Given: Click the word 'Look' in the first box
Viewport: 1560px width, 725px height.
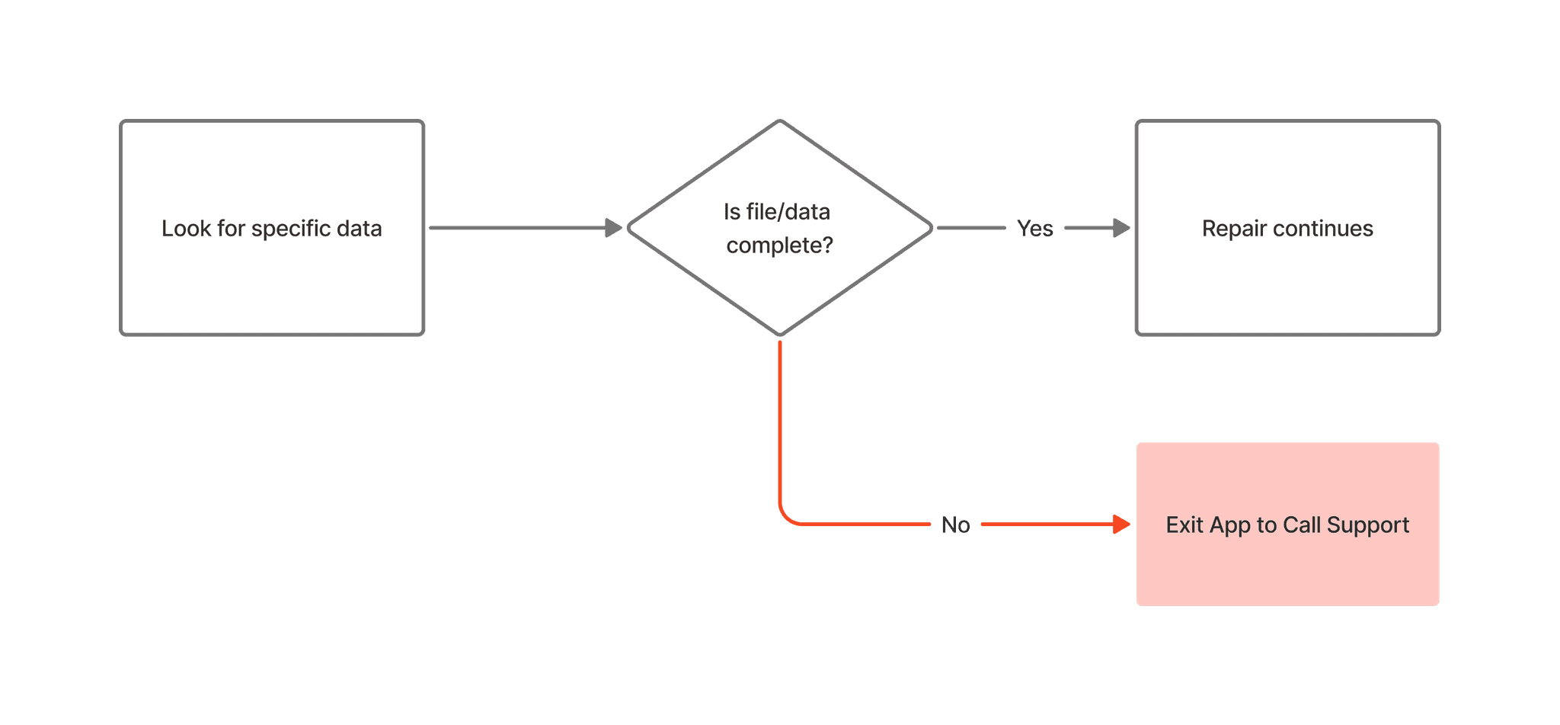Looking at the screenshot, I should point(186,229).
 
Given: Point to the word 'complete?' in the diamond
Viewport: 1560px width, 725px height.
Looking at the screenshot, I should point(779,245).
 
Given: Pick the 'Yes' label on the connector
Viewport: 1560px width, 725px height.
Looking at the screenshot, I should point(1034,228).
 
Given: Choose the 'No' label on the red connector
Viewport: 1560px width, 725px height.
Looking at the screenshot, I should point(955,525).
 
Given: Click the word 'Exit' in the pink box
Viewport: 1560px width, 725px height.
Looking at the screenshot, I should point(1184,525).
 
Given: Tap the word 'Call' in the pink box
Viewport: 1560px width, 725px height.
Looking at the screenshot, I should point(1301,525).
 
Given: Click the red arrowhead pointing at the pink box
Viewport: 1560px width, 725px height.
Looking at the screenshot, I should point(1121,525).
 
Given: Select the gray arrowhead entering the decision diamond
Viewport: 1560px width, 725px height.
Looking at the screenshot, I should point(614,227).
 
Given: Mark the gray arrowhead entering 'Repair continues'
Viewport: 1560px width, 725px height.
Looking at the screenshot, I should point(1121,227).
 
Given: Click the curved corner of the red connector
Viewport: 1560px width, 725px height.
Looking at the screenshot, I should point(786,517).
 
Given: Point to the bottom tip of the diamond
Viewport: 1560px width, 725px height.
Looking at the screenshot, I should point(780,332).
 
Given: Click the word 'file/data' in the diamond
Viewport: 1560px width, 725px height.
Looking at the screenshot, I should point(788,212).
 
